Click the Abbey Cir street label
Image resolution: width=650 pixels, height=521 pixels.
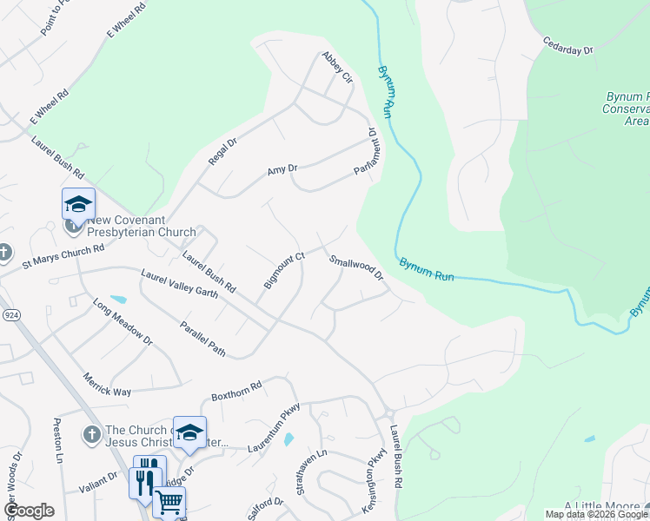[x=337, y=67]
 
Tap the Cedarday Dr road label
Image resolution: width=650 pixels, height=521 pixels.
[x=567, y=45]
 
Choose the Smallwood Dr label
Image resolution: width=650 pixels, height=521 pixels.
[x=356, y=267]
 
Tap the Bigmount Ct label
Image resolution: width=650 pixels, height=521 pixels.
[x=284, y=271]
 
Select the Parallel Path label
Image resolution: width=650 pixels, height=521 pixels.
[x=202, y=340]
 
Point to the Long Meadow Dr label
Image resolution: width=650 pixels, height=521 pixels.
[x=123, y=321]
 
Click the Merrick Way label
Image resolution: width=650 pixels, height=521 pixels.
[x=107, y=385]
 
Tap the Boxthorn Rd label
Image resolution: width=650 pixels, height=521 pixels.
[x=236, y=392]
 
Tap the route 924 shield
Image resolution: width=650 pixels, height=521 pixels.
[x=11, y=313]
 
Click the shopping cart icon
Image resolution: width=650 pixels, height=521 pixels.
[x=169, y=500]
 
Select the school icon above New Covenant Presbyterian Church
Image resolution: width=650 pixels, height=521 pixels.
[x=78, y=204]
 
